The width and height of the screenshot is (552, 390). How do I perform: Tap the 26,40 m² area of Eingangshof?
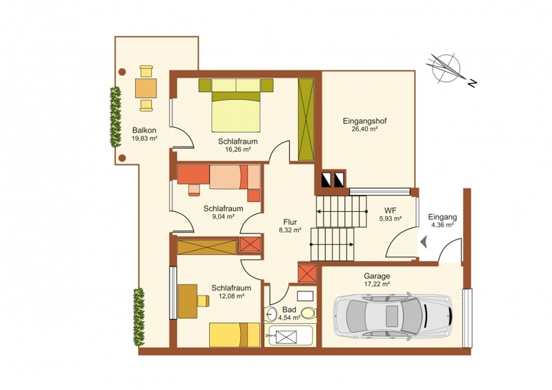364,129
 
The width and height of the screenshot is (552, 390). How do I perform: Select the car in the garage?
393,316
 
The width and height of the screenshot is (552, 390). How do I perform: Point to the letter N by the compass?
473,83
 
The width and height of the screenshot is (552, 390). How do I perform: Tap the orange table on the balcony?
146,88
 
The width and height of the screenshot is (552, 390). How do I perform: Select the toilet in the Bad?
308,313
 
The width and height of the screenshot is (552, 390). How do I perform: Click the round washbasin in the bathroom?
271,314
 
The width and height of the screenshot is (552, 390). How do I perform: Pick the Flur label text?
290,222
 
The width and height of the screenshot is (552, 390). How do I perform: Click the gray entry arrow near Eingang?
424,242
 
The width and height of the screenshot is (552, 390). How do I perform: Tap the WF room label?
390,211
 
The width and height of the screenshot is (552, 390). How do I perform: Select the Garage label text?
377,276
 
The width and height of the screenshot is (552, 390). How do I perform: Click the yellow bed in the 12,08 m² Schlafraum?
235,335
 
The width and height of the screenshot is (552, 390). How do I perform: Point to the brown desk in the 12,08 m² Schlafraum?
187,301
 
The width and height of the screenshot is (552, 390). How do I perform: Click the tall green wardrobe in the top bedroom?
306,119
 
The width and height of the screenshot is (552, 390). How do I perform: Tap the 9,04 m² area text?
223,217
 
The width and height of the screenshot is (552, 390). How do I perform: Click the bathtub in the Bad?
290,336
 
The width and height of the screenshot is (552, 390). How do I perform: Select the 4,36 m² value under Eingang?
442,225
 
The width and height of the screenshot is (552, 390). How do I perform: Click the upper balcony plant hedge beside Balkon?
115,117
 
